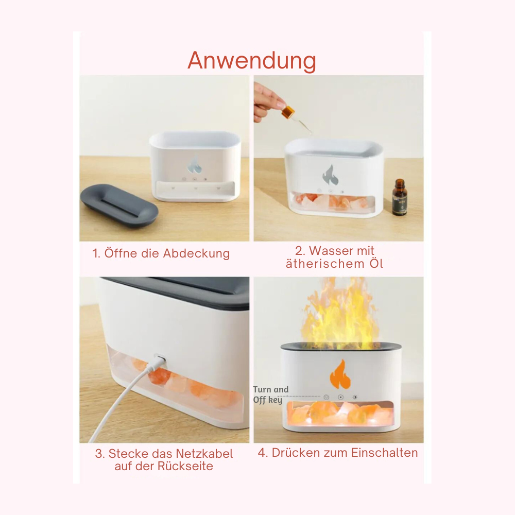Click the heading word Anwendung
[252, 61]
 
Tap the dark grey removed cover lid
[119, 205]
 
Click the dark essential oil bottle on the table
[400, 197]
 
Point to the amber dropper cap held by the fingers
[287, 112]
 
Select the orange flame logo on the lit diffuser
[340, 374]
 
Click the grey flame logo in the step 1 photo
[194, 165]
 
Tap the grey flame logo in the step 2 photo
[330, 175]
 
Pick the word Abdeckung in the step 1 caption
[196, 253]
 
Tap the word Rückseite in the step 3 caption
[185, 466]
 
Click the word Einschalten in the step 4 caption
[384, 453]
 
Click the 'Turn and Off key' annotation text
[271, 394]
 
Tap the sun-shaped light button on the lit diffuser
[355, 397]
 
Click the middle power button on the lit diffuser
[340, 397]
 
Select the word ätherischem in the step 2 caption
[325, 263]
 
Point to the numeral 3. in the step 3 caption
[99, 454]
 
